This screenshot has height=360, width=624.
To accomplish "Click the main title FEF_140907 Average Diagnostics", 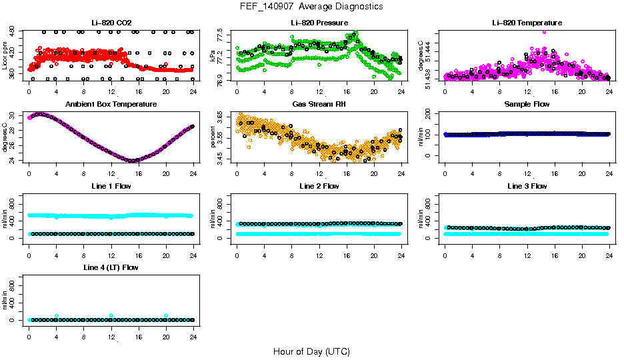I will pos(312,6).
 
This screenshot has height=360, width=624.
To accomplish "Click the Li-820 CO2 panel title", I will pos(111,23).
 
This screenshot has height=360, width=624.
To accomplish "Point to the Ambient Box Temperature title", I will pos(111,105).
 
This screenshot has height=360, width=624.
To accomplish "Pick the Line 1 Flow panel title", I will pos(111,186).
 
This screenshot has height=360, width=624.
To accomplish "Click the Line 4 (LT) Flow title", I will pos(111,267).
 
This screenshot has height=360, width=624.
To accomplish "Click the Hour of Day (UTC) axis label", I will pos(311,351).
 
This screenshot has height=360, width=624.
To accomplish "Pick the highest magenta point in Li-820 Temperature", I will pos(545,31).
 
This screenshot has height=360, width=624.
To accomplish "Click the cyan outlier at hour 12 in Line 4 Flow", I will pos(111,315).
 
